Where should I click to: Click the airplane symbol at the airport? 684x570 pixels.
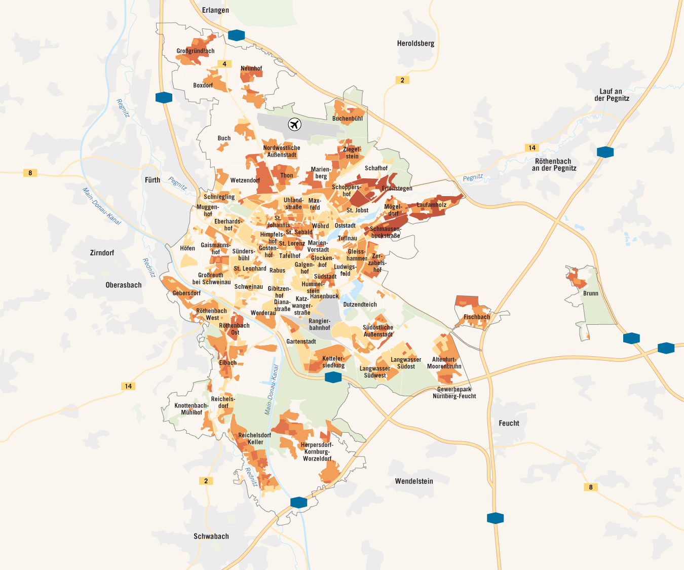294,124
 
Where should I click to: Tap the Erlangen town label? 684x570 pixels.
215,10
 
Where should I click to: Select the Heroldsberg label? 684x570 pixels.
415,44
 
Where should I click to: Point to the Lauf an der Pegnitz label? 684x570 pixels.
612,95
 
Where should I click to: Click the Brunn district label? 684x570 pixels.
590,293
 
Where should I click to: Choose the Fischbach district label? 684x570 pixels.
477,317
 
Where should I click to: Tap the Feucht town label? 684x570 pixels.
509,423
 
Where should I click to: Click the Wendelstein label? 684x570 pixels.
414,481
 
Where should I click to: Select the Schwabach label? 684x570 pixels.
211,536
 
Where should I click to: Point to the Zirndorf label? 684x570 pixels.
102,253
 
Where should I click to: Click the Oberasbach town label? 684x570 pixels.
124,285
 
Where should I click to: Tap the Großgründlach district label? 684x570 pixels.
196,51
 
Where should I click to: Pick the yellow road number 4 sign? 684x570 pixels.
224,64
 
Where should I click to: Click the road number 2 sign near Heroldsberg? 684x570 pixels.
402,80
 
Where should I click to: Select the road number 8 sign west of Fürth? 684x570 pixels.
30,173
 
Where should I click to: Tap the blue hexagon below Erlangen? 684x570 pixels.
236,35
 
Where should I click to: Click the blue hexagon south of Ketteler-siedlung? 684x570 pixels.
333,376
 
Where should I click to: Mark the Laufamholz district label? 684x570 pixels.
432,205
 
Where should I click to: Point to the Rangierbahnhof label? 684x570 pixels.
319,324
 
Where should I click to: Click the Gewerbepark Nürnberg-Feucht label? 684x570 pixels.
454,393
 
